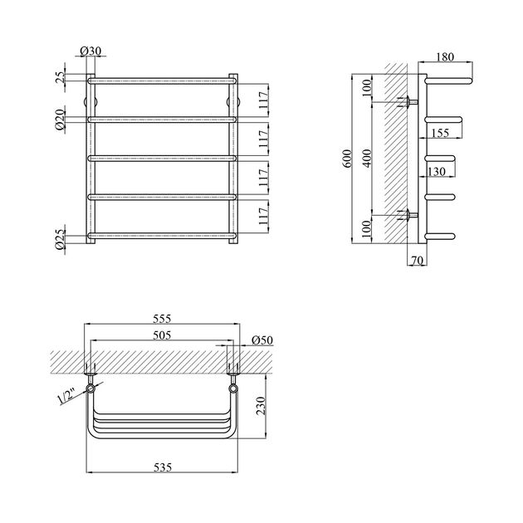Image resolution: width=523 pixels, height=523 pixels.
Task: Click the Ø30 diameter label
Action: tap(90, 51)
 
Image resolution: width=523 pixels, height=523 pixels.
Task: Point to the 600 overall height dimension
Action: tap(347, 159)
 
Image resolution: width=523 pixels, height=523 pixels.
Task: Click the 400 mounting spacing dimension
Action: tap(367, 158)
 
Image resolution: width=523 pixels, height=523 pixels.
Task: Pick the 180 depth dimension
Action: tap(445, 57)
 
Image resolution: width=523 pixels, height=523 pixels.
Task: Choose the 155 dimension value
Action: tap(440, 133)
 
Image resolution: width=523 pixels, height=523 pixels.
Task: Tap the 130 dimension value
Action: tap(437, 172)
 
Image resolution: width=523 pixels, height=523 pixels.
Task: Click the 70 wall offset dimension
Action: tap(418, 261)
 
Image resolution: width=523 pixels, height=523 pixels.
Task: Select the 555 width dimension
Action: tap(162, 319)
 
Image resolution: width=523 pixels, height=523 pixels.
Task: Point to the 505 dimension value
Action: tap(162, 335)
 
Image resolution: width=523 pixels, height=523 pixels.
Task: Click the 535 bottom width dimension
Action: tap(163, 467)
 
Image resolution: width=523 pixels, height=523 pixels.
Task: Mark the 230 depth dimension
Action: tap(261, 406)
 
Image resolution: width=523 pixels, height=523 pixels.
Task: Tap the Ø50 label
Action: tap(262, 340)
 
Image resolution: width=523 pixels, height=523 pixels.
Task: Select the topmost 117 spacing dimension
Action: tap(263, 100)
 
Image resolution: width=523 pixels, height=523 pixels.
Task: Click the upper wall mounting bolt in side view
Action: tap(409, 102)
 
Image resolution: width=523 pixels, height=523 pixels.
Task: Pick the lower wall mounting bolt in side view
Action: tap(409, 215)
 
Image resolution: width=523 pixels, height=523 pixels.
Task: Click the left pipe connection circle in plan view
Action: tap(90, 389)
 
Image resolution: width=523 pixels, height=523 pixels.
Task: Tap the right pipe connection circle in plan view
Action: tap(233, 389)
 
